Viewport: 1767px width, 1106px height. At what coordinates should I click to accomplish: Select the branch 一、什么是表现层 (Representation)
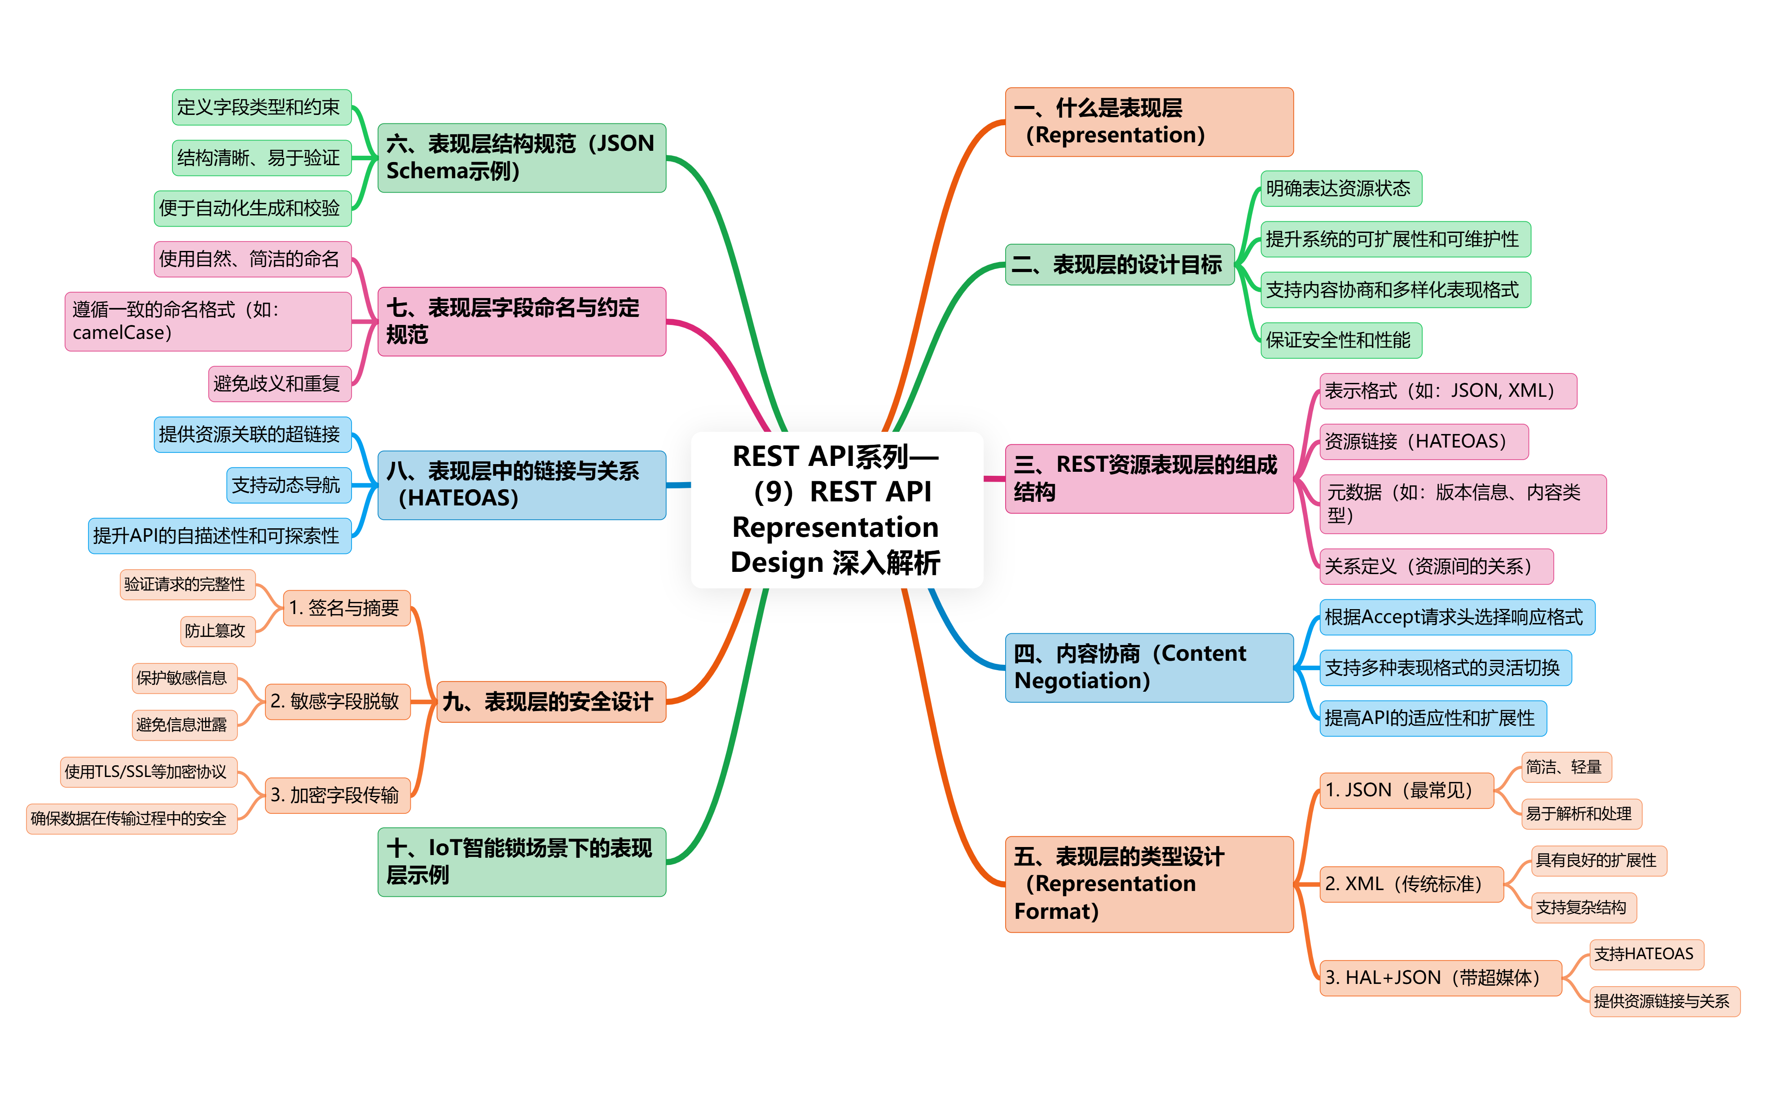[x=1148, y=122]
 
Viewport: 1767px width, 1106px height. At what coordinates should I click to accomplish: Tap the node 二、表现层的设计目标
[x=1119, y=265]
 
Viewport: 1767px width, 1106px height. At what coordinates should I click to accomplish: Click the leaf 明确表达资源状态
[x=1341, y=189]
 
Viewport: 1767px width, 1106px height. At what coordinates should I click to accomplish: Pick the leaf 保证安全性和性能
[x=1341, y=340]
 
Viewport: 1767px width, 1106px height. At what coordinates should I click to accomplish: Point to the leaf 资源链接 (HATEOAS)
[x=1423, y=442]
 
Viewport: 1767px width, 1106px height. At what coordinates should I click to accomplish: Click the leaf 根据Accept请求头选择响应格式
[x=1457, y=617]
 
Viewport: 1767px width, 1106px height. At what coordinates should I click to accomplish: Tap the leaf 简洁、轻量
[x=1566, y=767]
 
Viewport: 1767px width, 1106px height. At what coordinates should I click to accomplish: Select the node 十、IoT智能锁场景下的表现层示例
[x=522, y=862]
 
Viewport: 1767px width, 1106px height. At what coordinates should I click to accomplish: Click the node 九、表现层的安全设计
[x=551, y=702]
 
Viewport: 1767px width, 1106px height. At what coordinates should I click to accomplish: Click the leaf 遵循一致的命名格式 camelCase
[x=208, y=322]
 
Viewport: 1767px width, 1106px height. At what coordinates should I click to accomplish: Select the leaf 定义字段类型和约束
[x=262, y=108]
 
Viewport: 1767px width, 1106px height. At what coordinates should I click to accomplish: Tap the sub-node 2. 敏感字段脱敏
[x=337, y=702]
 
